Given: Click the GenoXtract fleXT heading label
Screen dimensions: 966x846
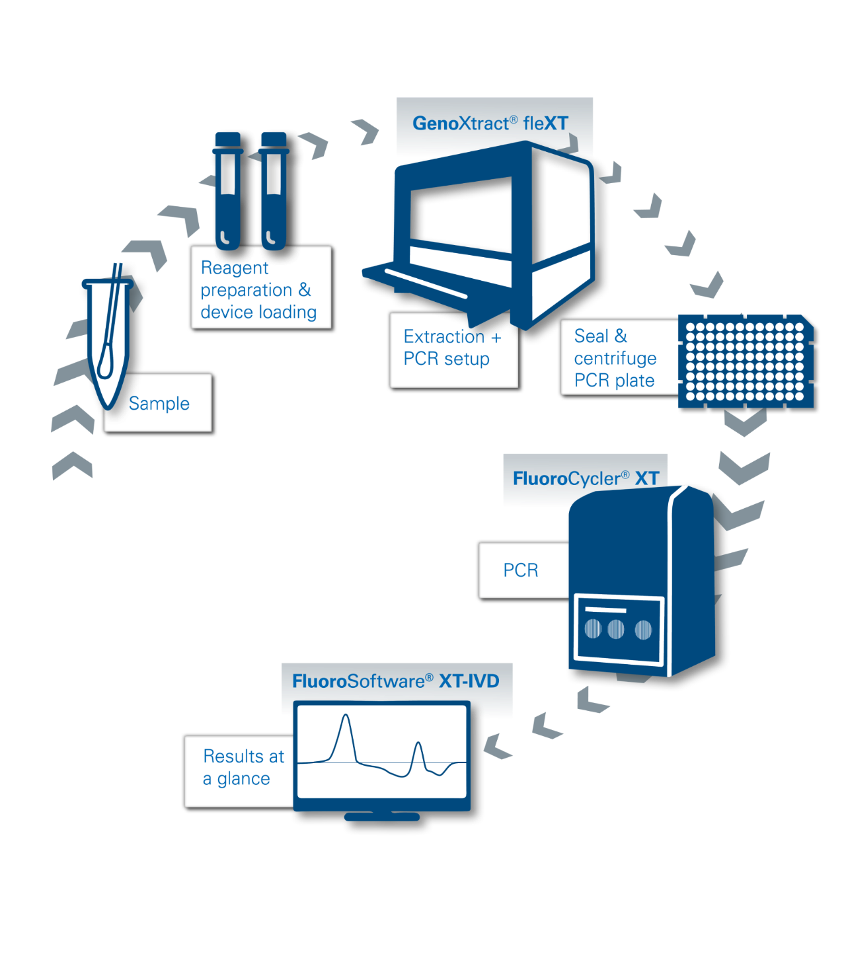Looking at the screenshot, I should (490, 124).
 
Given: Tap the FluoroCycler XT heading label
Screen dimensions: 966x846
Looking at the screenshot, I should (586, 478).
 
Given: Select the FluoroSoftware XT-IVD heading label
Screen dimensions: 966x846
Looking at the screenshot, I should (395, 681).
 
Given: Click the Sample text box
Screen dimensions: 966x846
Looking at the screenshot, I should (159, 403).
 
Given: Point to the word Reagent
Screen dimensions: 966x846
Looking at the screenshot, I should (235, 268).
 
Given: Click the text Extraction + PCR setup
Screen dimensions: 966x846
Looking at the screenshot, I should (452, 348).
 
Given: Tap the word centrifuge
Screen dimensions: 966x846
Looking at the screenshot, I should (615, 358).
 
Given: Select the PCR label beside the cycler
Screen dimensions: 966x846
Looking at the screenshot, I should (521, 570).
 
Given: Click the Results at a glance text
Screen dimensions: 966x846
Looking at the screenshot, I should (243, 767).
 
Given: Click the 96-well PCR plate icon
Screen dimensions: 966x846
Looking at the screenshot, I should (745, 361).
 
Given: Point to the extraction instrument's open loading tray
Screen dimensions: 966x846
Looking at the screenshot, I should (423, 278).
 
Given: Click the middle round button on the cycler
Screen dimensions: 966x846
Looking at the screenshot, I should (615, 628).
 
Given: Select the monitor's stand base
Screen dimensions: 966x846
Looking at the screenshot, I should (382, 817).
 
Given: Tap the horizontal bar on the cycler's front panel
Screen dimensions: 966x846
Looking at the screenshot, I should (606, 609).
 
